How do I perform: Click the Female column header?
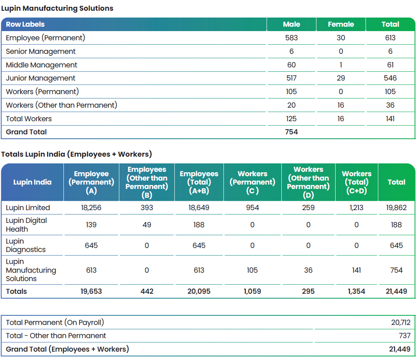[x=341, y=24]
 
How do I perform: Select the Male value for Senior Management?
[x=291, y=51]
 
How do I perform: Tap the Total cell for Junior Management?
[x=390, y=78]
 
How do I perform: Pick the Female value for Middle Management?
[x=341, y=65]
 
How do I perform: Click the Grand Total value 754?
[x=291, y=132]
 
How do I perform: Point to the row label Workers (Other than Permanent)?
[x=61, y=105]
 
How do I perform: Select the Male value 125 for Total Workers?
[x=291, y=118]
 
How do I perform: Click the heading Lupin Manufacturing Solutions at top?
[x=57, y=8]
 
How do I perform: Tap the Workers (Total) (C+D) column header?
[x=356, y=182]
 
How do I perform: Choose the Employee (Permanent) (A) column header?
[x=91, y=182]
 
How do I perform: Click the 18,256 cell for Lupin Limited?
[x=91, y=207]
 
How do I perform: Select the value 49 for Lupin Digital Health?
[x=147, y=225]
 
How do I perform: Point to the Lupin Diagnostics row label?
[x=26, y=245]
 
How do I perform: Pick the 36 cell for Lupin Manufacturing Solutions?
[x=308, y=270]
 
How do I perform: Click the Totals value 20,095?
[x=199, y=291]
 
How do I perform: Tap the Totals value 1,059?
[x=252, y=291]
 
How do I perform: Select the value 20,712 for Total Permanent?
[x=401, y=322]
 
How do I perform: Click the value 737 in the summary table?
[x=405, y=336]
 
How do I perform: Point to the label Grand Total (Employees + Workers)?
[x=67, y=349]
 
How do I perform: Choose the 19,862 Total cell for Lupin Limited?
[x=396, y=207]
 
